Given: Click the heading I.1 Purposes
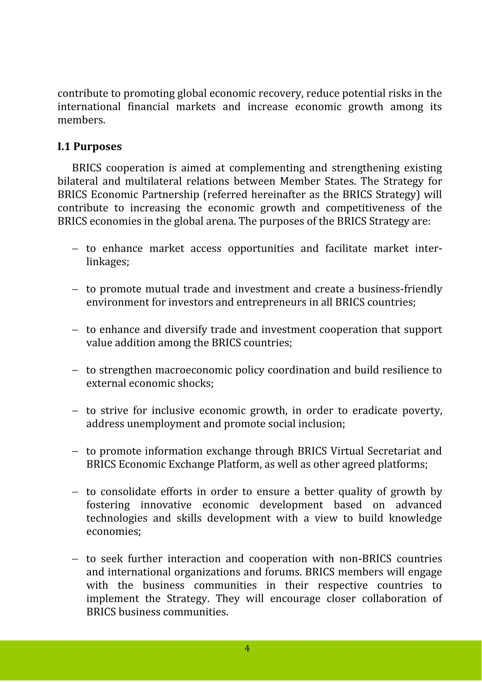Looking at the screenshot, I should (90, 147).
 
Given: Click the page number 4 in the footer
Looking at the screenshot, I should (247, 648).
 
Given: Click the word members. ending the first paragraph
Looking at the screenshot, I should (81, 120).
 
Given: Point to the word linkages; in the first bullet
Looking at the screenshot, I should (108, 262).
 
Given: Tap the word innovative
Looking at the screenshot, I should (166, 505).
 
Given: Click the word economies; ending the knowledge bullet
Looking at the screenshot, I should (114, 532).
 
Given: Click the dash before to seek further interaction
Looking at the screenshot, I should (75, 559).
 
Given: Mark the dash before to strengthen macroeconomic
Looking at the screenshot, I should (75, 370).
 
